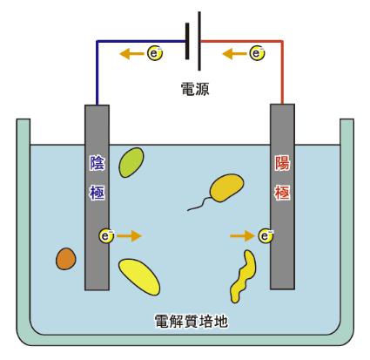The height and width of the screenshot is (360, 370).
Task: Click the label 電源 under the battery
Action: (x=195, y=89)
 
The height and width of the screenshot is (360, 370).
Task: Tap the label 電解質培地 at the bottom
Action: (x=192, y=322)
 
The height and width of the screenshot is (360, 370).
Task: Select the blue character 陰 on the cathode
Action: (x=97, y=163)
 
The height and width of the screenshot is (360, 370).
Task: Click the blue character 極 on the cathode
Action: (x=97, y=192)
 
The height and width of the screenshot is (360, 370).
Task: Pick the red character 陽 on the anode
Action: (x=282, y=163)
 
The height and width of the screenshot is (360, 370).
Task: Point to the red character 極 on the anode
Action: (x=282, y=192)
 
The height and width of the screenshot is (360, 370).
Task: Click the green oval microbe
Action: (x=131, y=162)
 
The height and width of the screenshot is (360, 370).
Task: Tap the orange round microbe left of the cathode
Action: (x=66, y=259)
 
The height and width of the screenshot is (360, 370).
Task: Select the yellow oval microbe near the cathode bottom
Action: (x=139, y=276)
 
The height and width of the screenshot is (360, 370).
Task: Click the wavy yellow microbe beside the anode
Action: (x=243, y=276)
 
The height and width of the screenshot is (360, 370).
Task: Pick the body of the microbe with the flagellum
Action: (x=226, y=187)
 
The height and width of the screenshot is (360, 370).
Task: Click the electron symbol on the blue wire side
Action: (x=155, y=53)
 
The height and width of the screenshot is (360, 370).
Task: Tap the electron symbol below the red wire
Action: (x=257, y=53)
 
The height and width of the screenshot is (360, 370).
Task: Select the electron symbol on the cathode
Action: (x=106, y=236)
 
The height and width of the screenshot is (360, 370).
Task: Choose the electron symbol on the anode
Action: (x=266, y=236)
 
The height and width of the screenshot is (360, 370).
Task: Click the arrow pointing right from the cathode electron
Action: (x=129, y=235)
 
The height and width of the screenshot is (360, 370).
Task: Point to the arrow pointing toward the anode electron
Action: (x=243, y=235)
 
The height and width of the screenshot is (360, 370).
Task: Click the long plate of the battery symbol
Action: (x=199, y=41)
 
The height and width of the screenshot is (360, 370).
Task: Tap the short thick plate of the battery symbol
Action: (x=187, y=41)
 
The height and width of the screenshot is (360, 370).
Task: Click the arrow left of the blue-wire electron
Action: (x=132, y=54)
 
